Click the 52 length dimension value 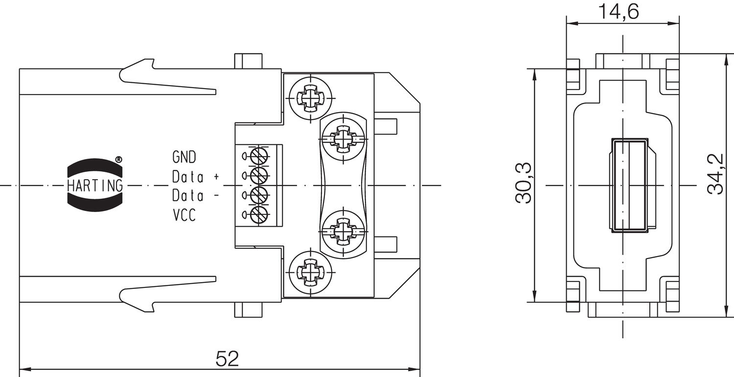(x=227, y=359)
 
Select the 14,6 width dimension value (x=619, y=11)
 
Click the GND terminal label (x=184, y=157)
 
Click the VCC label (x=184, y=215)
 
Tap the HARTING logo (x=95, y=185)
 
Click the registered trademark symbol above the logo (x=118, y=160)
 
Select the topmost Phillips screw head (x=310, y=96)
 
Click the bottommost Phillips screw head (x=310, y=271)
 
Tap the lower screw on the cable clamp (x=344, y=230)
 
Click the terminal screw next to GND (x=258, y=157)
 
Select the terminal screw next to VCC (x=258, y=214)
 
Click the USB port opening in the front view (x=628, y=185)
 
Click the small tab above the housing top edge (x=248, y=61)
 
